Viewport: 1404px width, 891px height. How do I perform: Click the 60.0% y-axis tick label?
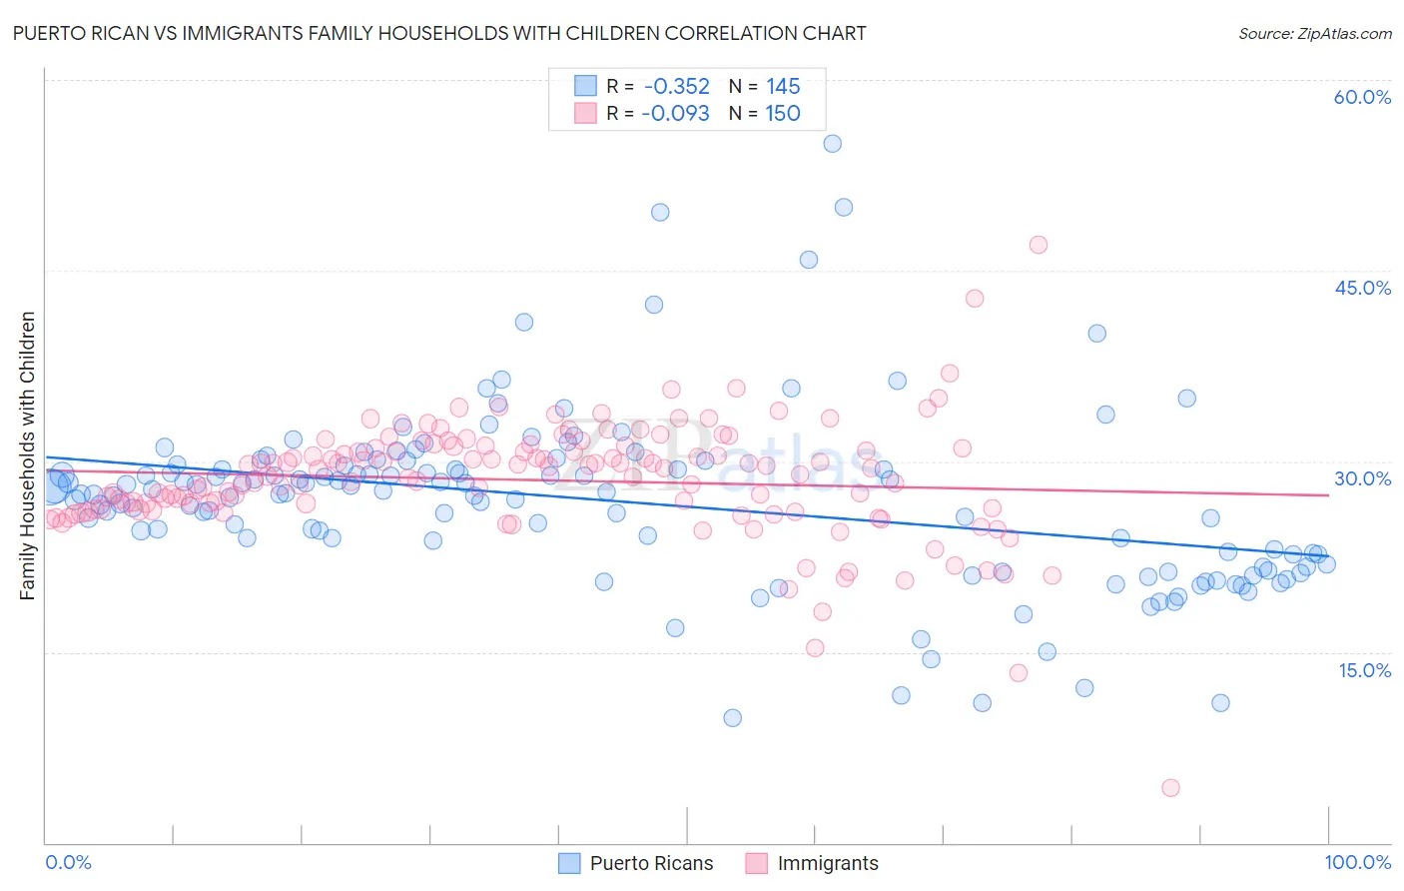1362,97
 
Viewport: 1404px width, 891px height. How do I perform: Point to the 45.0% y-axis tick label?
1362,288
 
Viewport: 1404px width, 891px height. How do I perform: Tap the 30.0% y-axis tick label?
1362,478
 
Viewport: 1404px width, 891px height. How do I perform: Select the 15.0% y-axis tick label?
1364,670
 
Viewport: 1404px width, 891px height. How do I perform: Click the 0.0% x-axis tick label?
68,862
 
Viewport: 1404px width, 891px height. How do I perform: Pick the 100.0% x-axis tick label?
1357,862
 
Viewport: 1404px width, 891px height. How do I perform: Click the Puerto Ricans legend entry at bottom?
651,863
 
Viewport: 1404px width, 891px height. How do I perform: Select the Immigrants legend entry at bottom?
827,863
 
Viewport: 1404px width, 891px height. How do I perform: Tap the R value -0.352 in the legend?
676,86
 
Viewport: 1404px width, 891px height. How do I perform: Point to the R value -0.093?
675,113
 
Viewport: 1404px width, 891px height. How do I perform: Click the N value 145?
783,86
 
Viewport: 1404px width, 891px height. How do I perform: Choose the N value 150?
783,113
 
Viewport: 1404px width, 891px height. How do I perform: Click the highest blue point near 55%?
832,144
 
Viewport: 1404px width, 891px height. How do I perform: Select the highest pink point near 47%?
1038,245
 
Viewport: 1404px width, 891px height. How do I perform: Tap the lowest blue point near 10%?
732,718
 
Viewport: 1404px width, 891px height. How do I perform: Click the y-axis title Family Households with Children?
28,455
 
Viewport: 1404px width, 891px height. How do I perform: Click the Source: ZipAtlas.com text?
1314,34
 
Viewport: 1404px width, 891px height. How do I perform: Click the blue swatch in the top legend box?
585,86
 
